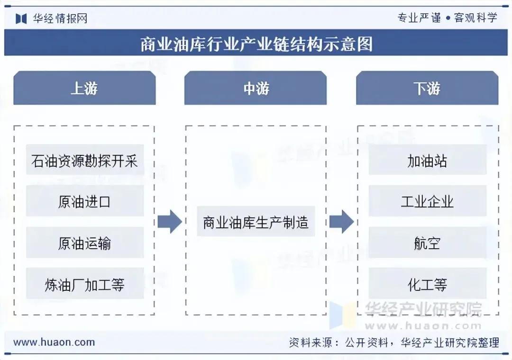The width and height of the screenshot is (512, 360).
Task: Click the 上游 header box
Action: [84, 88]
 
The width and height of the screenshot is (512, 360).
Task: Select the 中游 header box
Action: [256, 88]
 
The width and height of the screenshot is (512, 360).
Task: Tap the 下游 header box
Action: [427, 88]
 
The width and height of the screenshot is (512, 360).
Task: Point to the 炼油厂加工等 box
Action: [85, 284]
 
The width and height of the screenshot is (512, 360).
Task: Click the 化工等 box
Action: [427, 284]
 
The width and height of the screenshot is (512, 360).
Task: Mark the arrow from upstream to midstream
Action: [169, 221]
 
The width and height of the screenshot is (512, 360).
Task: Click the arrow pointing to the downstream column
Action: [341, 221]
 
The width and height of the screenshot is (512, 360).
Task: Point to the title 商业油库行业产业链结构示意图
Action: [256, 44]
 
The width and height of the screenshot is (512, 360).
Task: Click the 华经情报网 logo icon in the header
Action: [21, 18]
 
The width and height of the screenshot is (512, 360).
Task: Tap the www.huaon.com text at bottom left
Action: [54, 342]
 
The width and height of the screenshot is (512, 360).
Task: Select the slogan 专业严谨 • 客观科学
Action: [447, 18]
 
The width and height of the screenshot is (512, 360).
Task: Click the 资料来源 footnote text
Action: [394, 342]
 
